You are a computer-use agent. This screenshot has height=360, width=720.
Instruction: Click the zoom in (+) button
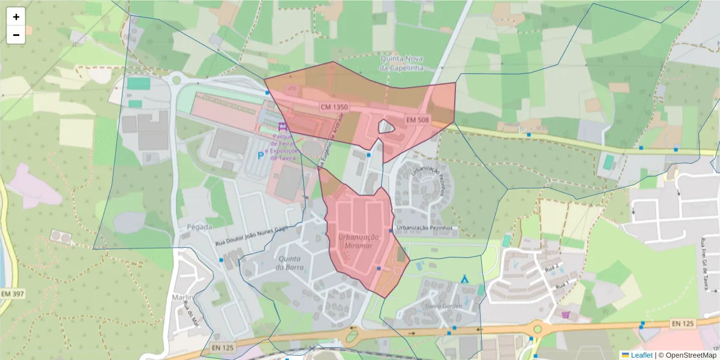pos(16,17)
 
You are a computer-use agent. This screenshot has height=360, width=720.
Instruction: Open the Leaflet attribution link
pos(640,355)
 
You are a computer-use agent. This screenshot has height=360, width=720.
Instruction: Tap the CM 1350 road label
pos(334,106)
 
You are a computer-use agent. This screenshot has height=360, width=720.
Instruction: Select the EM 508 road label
pos(418,120)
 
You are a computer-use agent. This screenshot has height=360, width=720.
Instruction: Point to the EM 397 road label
pos(13,294)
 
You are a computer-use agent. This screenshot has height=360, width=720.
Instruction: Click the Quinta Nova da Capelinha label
pos(401,63)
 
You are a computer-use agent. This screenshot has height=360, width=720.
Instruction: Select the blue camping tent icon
pos(464,278)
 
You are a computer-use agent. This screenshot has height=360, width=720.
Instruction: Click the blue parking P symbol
pos(260,155)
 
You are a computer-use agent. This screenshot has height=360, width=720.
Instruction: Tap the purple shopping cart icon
pos(565,314)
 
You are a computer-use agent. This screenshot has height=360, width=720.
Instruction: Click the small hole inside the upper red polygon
pos(385,127)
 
